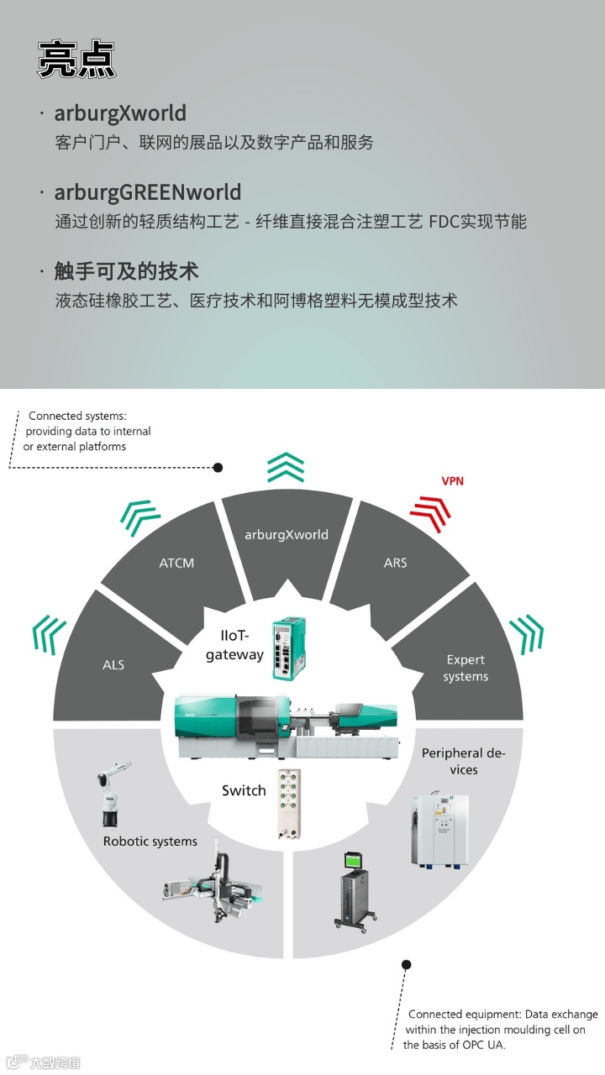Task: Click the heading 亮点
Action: pos(76,60)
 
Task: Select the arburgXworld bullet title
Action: pos(120,113)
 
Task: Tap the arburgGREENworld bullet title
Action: pos(147,192)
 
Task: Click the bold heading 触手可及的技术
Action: pos(126,271)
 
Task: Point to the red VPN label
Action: pos(452,481)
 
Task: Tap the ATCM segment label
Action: pos(176,563)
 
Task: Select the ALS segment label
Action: pos(113,664)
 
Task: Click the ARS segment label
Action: pos(395,563)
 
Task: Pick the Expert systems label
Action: pos(466,668)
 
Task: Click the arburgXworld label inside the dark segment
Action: pos(287,535)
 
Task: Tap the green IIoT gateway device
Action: pos(288,648)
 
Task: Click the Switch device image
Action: pos(290,805)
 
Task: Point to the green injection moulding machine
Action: pos(287,726)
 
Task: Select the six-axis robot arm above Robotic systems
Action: pos(113,794)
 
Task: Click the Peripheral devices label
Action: pos(463,761)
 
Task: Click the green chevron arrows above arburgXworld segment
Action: pos(286,467)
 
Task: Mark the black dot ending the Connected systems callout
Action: pos(218,468)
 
